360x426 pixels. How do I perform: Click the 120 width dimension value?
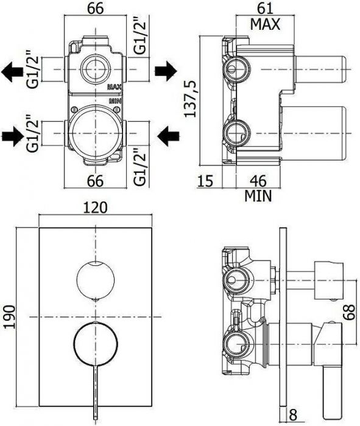pyautogui.click(x=95, y=208)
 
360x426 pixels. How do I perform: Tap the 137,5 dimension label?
pyautogui.click(x=190, y=99)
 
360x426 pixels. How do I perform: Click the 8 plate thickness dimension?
pyautogui.click(x=293, y=415)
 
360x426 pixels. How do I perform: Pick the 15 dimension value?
pyautogui.click(x=205, y=181)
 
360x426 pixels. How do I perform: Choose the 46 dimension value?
pyautogui.click(x=258, y=181)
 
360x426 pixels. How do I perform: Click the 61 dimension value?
pyautogui.click(x=265, y=9)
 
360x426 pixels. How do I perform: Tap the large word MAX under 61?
pyautogui.click(x=265, y=24)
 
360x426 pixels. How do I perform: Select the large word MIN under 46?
pyautogui.click(x=258, y=196)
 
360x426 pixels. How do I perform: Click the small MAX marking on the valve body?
pyautogui.click(x=115, y=87)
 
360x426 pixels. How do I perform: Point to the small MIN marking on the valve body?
pyautogui.click(x=115, y=101)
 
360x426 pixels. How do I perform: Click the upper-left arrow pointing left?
pyautogui.click(x=12, y=71)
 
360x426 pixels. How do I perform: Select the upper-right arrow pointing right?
pyautogui.click(x=166, y=71)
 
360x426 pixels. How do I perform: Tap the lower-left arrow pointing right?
pyautogui.click(x=13, y=136)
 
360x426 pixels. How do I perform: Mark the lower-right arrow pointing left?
pyautogui.click(x=168, y=136)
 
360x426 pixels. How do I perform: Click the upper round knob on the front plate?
pyautogui.click(x=96, y=281)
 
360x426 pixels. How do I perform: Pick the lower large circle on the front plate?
pyautogui.click(x=74, y=344)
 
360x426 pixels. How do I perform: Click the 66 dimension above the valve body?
pyautogui.click(x=96, y=9)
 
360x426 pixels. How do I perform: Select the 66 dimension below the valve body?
pyautogui.click(x=96, y=181)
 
